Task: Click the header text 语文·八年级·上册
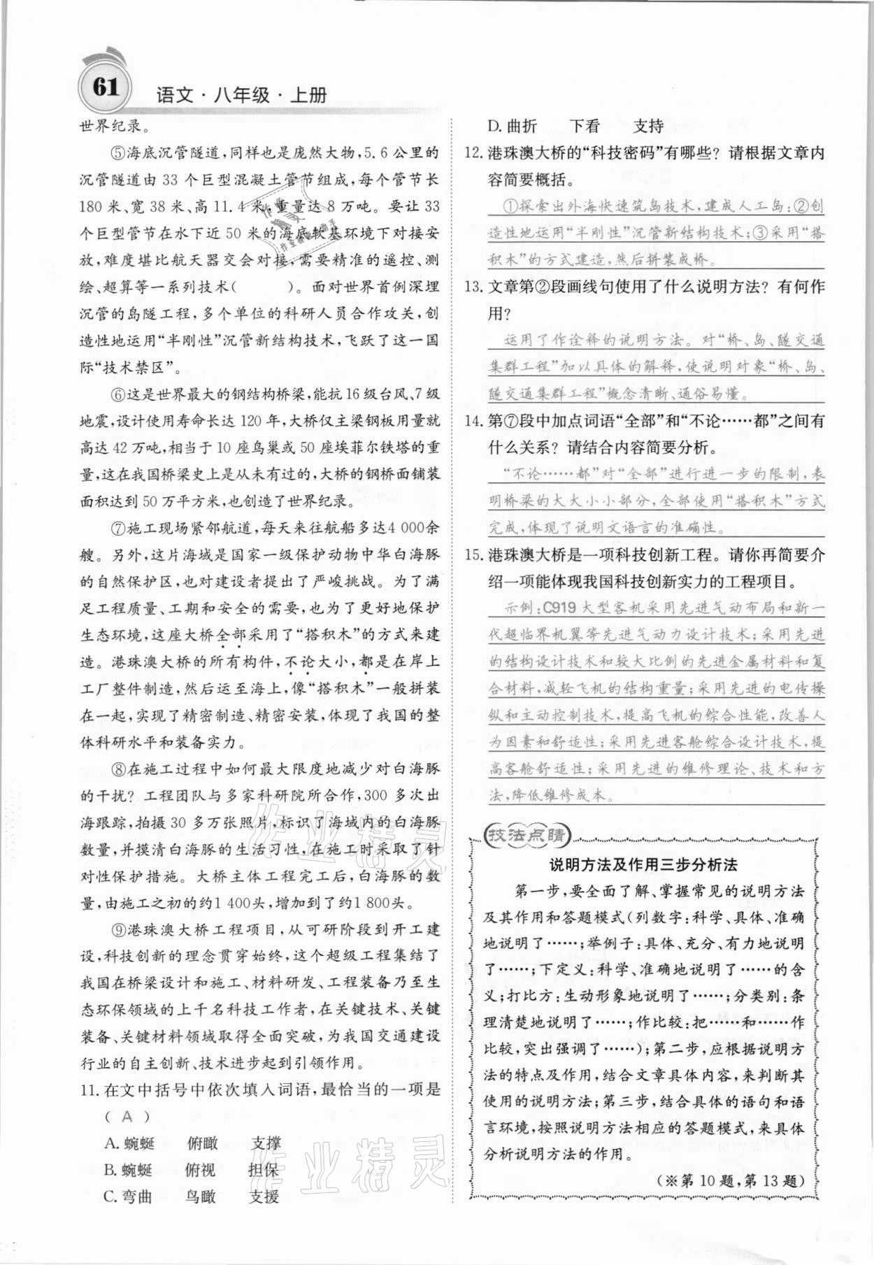(x=242, y=96)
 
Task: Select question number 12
(x=473, y=153)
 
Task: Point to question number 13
(x=473, y=287)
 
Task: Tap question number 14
(x=473, y=421)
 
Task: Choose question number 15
(x=473, y=555)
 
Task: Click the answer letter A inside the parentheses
(x=127, y=1117)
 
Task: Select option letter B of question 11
(x=110, y=1170)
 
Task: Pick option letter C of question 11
(x=110, y=1196)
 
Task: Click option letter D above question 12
(x=493, y=127)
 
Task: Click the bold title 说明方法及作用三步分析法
(x=643, y=865)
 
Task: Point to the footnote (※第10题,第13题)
(x=731, y=1181)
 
